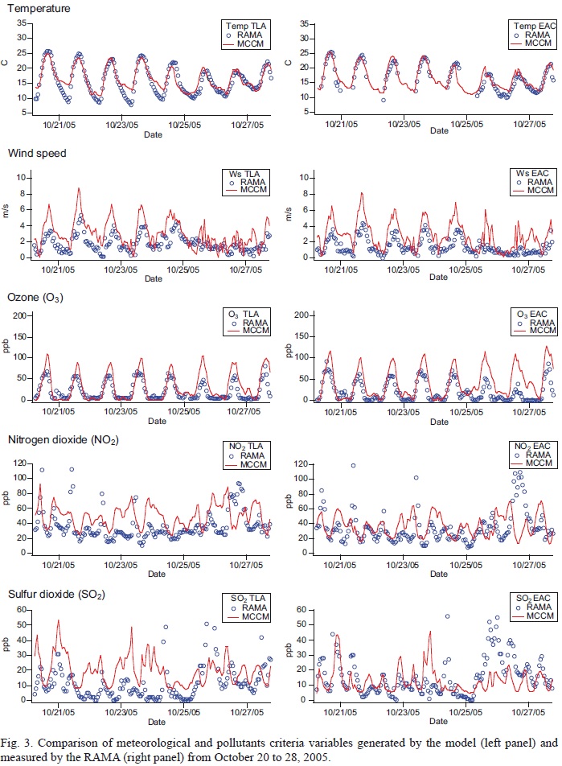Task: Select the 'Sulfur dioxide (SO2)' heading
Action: pos(59,595)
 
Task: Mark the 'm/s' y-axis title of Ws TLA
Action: pos(7,211)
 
